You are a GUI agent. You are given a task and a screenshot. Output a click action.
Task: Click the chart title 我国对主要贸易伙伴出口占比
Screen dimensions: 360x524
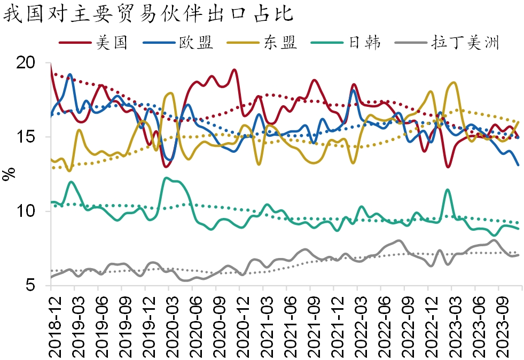coord(149,13)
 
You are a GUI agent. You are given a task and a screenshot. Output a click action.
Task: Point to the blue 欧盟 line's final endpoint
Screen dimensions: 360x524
coord(518,165)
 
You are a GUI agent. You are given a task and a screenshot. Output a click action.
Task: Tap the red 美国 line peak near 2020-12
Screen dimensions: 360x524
coord(235,70)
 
